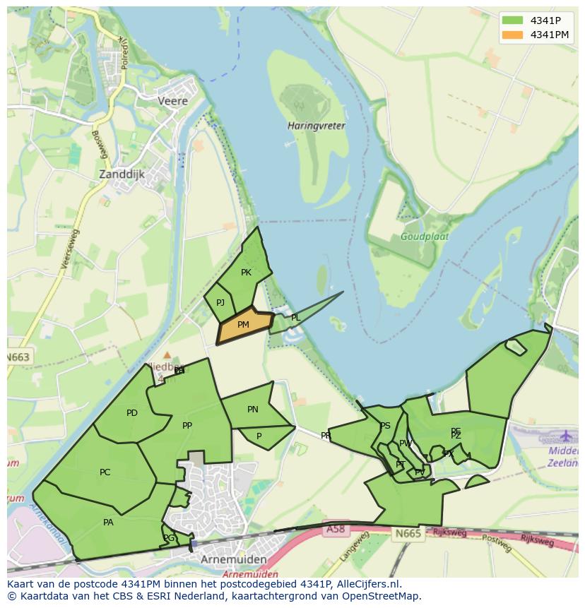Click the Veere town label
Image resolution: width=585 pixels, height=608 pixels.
pyautogui.click(x=173, y=101)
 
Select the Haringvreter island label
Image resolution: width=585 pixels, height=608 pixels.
pyautogui.click(x=317, y=126)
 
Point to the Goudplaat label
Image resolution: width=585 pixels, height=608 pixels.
pyautogui.click(x=424, y=237)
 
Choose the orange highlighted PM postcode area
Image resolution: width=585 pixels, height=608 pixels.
pyautogui.click(x=244, y=326)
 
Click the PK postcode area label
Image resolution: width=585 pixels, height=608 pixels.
pyautogui.click(x=246, y=273)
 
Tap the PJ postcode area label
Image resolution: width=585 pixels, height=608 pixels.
pyautogui.click(x=220, y=303)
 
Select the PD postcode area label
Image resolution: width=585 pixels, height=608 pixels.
pyautogui.click(x=132, y=413)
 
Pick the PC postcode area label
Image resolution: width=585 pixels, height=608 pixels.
pyautogui.click(x=105, y=472)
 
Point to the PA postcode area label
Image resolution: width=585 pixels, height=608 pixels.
pyautogui.click(x=108, y=523)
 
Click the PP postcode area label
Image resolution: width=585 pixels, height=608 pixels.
pyautogui.click(x=187, y=426)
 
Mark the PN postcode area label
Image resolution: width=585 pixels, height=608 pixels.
pyautogui.click(x=253, y=410)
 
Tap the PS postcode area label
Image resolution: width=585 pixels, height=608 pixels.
pyautogui.click(x=385, y=426)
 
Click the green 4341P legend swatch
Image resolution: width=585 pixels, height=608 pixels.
pyautogui.click(x=512, y=20)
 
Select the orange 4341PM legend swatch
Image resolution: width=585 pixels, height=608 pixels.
pyautogui.click(x=512, y=35)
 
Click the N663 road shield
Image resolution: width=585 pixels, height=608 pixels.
pyautogui.click(x=19, y=357)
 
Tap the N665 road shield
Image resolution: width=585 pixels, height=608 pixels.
pyautogui.click(x=408, y=533)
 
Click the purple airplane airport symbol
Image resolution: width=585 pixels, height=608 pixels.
pyautogui.click(x=565, y=436)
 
